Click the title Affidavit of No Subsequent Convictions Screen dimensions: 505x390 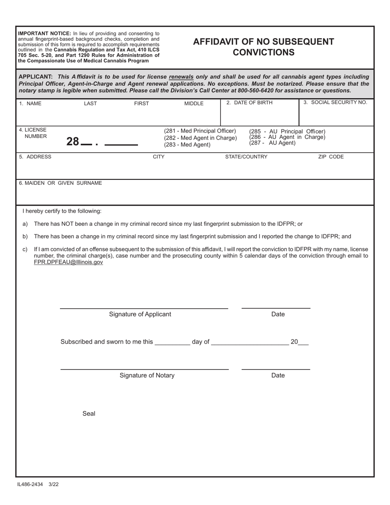pos(263,47)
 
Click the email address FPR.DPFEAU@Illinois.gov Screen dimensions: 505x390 pos(68,262)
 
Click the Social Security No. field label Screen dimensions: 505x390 pos(335,103)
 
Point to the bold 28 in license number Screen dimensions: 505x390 pos(72,142)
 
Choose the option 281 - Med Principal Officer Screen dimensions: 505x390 pos(200,131)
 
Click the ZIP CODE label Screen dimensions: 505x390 pos(331,157)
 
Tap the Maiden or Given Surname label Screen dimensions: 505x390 pos(60,183)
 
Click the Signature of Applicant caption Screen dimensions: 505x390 pos(140,314)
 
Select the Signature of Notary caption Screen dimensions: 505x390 pos(147,376)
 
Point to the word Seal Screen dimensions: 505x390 pos(89,414)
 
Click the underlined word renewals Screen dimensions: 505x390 pos(181,77)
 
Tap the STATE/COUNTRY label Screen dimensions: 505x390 pos(246,157)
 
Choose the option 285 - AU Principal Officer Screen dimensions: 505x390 pos(287,131)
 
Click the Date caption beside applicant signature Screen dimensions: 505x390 pos(278,314)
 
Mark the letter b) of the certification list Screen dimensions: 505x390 pos(25,236)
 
